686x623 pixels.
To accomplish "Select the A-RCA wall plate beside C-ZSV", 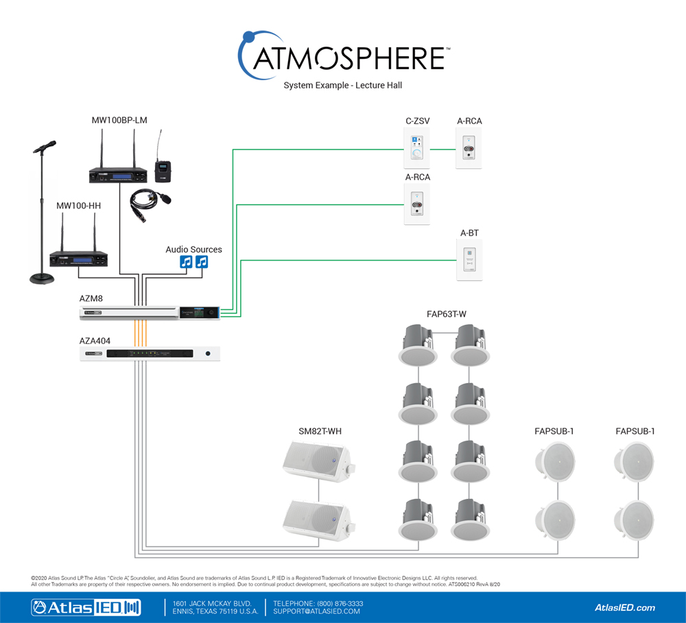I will (469, 149).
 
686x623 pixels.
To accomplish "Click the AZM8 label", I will (91, 299).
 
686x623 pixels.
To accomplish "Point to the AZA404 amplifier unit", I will (149, 354).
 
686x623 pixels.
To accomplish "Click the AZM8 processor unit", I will (149, 313).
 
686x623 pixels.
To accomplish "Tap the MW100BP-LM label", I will (119, 121).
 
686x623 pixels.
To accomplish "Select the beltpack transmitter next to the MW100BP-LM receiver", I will (161, 171).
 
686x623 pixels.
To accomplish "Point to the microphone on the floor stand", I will (45, 147).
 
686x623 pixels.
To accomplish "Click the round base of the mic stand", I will (43, 279).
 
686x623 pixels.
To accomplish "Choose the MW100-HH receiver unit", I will (78, 259).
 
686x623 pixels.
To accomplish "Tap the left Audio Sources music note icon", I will (185, 262).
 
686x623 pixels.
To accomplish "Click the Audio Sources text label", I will (193, 249).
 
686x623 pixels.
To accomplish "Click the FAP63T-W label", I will (446, 315).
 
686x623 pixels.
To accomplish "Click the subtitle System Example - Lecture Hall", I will (342, 86).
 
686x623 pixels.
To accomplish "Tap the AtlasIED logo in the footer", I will (85, 607).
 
